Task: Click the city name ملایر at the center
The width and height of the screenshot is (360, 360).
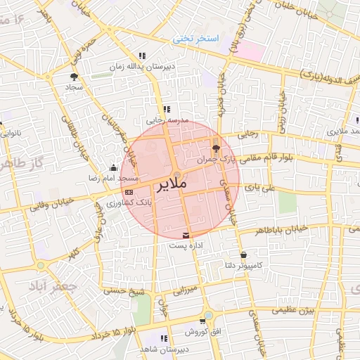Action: [169, 185]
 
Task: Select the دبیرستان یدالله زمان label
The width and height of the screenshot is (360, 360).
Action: [140, 67]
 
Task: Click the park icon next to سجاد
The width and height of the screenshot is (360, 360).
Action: [75, 77]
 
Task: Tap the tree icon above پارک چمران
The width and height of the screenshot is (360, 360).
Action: [216, 148]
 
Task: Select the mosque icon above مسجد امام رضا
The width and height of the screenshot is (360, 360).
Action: [114, 167]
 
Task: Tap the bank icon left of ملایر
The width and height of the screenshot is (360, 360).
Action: [129, 191]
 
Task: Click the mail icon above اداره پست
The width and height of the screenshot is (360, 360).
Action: [186, 235]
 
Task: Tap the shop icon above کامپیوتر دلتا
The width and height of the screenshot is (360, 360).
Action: [243, 255]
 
